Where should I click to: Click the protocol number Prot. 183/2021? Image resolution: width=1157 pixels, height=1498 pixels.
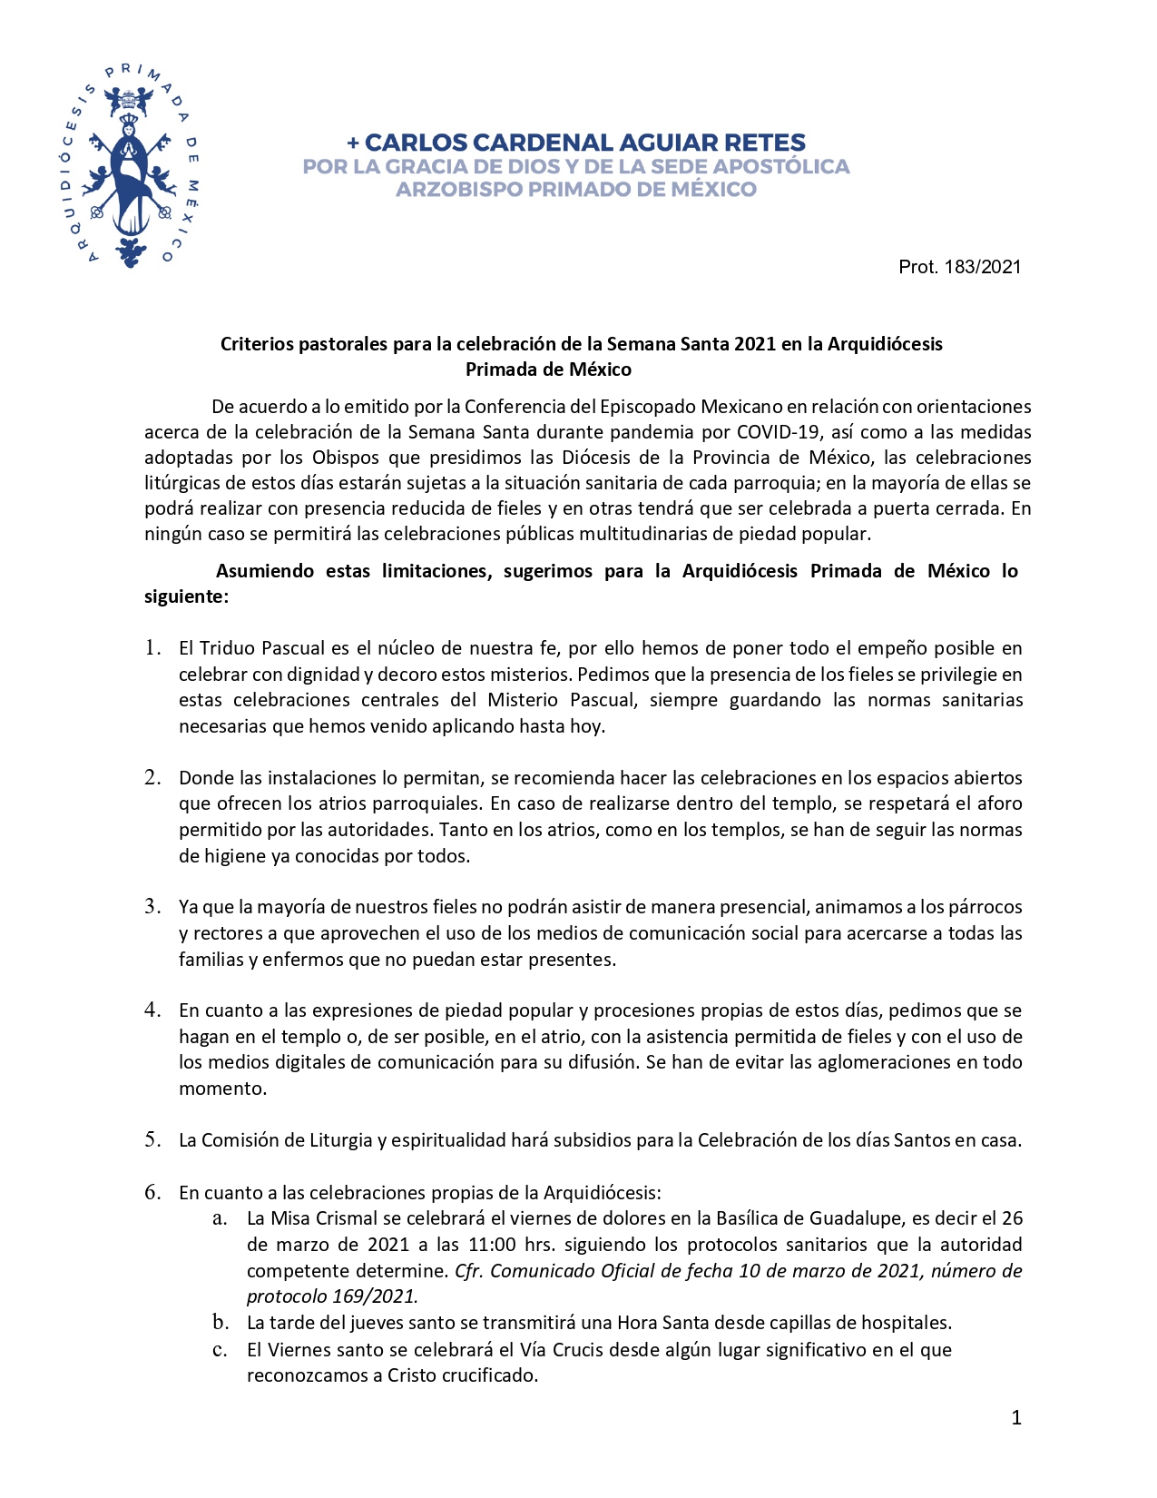(959, 267)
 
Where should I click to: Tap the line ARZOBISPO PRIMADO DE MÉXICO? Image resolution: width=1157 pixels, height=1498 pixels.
(575, 189)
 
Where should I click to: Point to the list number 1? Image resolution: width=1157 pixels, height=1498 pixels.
(152, 647)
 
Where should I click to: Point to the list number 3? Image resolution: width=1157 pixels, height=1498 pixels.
(152, 906)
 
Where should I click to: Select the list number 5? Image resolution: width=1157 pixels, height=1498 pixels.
(152, 1139)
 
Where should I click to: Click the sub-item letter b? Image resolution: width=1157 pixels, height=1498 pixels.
(220, 1322)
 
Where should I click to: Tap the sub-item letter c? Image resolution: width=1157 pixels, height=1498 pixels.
(220, 1349)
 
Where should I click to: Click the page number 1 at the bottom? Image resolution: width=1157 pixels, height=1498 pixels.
(1016, 1418)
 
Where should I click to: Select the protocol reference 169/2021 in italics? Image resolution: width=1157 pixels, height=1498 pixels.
(377, 1296)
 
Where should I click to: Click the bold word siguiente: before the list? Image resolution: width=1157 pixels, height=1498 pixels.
(186, 596)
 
